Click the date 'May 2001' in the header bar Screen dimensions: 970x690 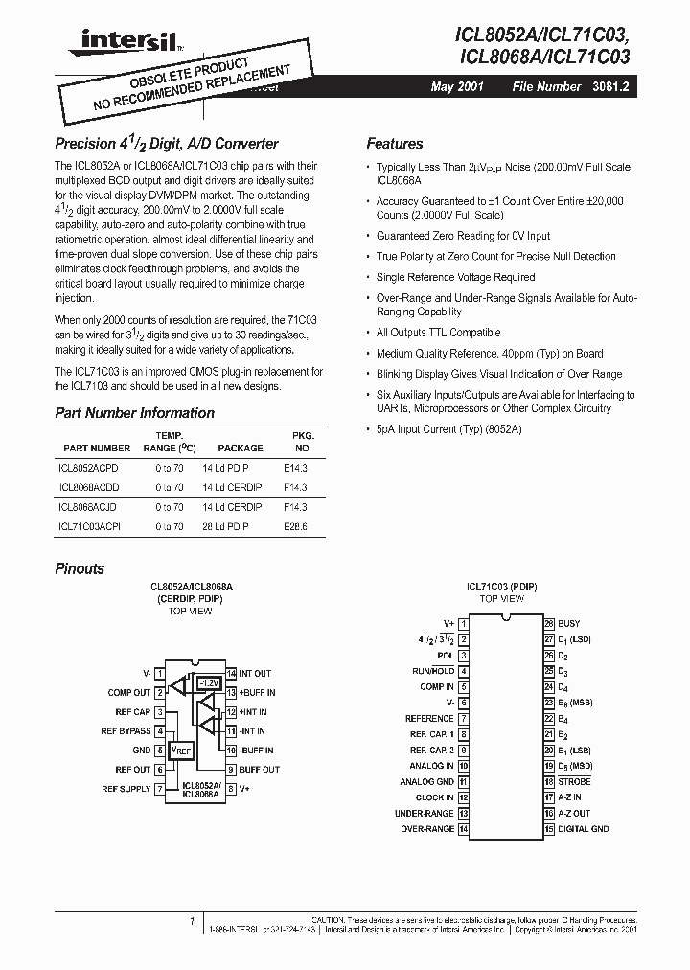tap(457, 86)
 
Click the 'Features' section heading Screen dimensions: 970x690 tap(394, 144)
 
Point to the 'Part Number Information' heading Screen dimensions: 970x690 tap(134, 413)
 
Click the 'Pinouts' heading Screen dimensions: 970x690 tap(80, 568)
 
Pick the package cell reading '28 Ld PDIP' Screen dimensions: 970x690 tap(225, 526)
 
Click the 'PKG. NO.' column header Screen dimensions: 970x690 tap(303, 441)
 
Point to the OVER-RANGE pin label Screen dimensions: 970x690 tap(426, 829)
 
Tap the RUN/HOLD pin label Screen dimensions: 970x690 tap(433, 671)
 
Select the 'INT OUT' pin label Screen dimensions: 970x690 tap(255, 674)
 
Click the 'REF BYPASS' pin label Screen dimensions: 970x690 tap(126, 731)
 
